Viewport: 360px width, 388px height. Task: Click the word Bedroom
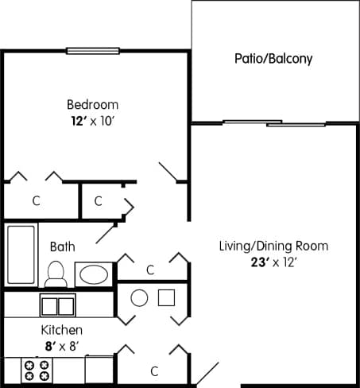(x=92, y=104)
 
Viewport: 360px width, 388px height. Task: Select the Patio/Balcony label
(x=273, y=58)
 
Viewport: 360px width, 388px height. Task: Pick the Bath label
(x=63, y=246)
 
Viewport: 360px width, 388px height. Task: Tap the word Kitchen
(x=61, y=328)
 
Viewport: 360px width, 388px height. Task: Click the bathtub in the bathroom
(x=21, y=254)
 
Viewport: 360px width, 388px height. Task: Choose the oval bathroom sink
(x=95, y=275)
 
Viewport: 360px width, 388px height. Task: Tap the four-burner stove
(x=37, y=370)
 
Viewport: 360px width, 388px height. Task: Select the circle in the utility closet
(x=139, y=298)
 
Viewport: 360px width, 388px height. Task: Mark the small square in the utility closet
(x=166, y=298)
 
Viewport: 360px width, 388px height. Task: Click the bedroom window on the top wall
(x=92, y=52)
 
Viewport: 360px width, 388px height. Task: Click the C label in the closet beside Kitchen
(x=154, y=371)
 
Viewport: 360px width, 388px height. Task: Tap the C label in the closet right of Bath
(x=150, y=270)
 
